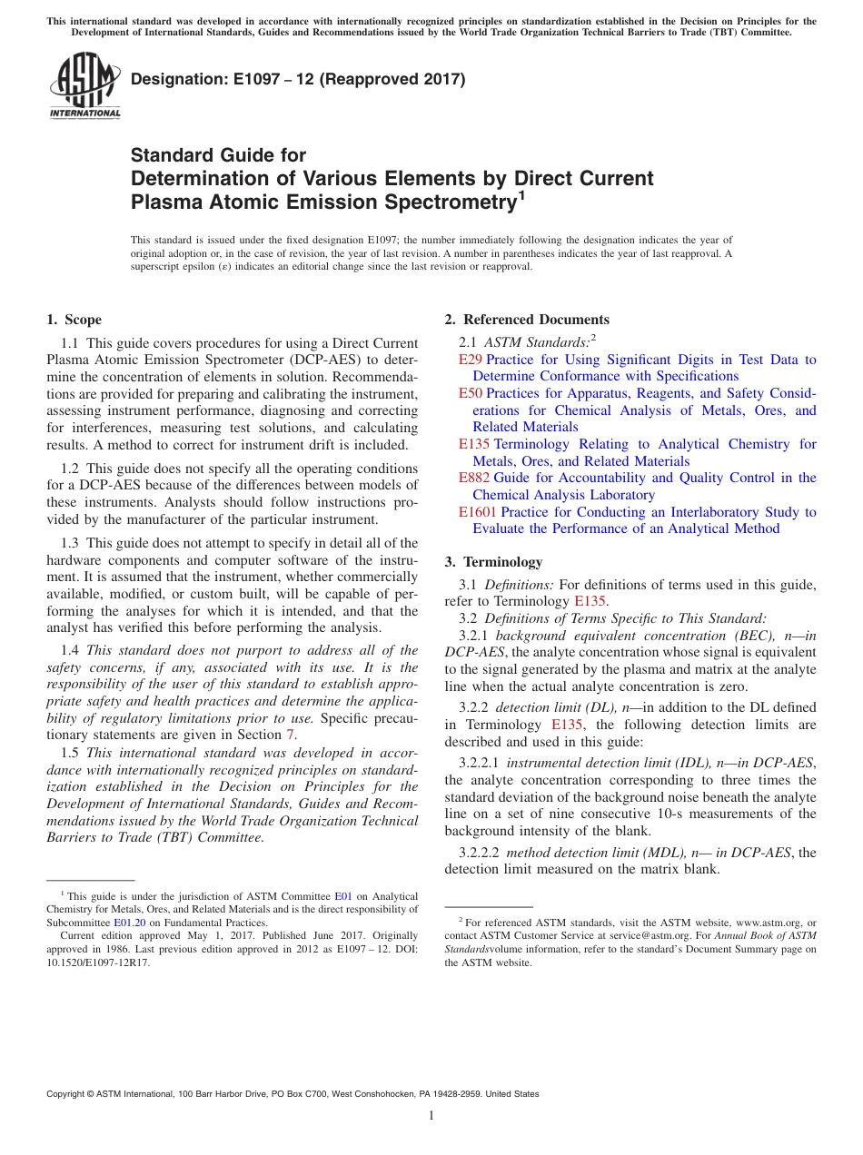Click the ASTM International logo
click(84, 85)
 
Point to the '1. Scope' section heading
click(74, 320)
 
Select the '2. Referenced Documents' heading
click(527, 320)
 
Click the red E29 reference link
click(471, 360)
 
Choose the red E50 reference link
click(471, 393)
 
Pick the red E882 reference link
click(475, 478)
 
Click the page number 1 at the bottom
click(431, 1116)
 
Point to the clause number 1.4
click(69, 650)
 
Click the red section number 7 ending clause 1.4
click(291, 735)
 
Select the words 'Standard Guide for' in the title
click(218, 155)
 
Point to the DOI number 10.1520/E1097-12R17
click(98, 962)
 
